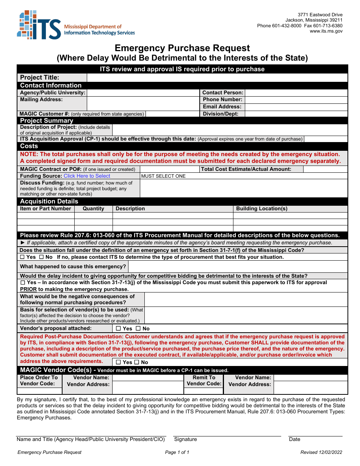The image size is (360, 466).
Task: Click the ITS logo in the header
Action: click(39, 25)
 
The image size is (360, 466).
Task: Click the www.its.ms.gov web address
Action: click(326, 31)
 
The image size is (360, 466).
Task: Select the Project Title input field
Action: click(217, 78)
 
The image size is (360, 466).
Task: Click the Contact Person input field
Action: click(296, 93)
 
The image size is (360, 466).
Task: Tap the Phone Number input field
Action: click(296, 100)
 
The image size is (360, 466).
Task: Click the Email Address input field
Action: click(296, 107)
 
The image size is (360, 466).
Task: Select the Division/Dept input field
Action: click(296, 114)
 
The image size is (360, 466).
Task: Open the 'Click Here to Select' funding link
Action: click(87, 176)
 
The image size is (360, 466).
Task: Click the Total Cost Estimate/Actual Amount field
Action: click(325, 169)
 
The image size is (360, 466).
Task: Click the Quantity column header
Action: click(93, 209)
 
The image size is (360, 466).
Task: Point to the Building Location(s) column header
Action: click(261, 209)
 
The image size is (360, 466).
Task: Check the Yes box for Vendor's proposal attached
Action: click(118, 328)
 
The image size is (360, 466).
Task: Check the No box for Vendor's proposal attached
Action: click(138, 328)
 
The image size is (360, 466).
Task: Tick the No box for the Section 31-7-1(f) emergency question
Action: click(41, 257)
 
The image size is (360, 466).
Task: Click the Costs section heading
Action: click(29, 146)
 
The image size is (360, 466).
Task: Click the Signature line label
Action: click(185, 439)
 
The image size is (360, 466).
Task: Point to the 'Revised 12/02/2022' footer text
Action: click(321, 452)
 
